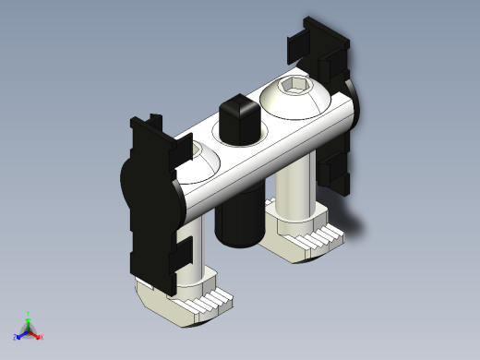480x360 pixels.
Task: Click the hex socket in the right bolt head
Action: tap(294, 89)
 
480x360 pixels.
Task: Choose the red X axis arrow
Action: tap(36, 333)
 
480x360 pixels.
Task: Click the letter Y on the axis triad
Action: tap(29, 313)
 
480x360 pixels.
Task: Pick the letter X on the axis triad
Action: tap(42, 337)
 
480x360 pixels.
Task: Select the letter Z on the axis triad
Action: tap(16, 337)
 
